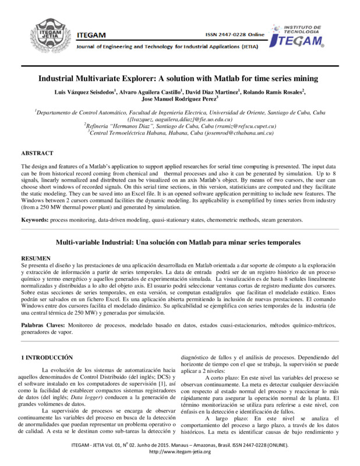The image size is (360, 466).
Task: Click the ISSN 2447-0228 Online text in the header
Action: click(235, 35)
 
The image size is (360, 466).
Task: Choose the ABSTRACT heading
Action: click(36, 153)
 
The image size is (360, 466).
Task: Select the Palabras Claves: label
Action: click(44, 322)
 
